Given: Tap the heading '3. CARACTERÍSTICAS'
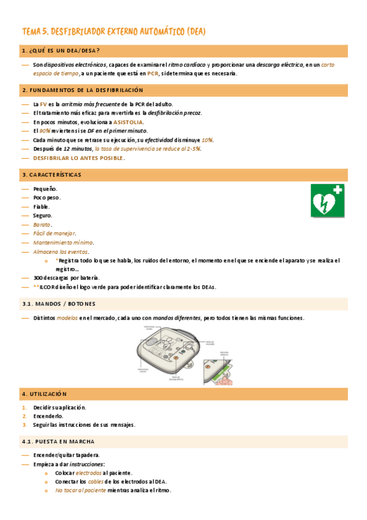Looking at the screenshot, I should [51, 174].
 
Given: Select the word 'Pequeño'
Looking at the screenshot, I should [45, 188].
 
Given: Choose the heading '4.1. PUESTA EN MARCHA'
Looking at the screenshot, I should [58, 442].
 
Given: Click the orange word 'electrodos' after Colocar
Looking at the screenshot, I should [89, 473].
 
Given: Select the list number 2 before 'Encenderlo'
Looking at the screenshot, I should [24, 416].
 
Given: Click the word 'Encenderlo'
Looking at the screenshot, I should [48, 416].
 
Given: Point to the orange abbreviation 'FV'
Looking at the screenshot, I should [44, 104].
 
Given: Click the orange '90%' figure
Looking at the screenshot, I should [45, 131].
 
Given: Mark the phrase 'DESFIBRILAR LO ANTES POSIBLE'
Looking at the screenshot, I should [78, 158].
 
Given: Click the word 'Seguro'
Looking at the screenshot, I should [43, 215].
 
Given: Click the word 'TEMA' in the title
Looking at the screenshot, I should [31, 31].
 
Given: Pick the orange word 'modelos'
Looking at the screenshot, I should [67, 318].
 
